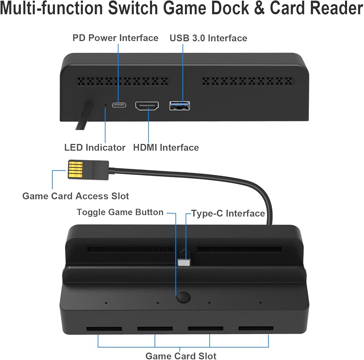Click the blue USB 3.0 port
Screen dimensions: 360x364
[x=179, y=106]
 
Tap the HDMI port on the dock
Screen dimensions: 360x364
[x=147, y=106]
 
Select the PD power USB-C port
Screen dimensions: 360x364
[x=119, y=106]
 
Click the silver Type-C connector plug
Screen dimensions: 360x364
[x=184, y=262]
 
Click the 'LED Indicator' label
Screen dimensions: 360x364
[x=95, y=147]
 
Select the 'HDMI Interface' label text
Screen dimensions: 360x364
[x=166, y=147]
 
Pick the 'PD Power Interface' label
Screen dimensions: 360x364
[x=115, y=38]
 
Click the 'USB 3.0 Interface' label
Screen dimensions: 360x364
[x=208, y=38]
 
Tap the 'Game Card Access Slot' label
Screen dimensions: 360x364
[x=76, y=196]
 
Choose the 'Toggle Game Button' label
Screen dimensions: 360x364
[x=120, y=212]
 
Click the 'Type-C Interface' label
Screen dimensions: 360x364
[x=228, y=213]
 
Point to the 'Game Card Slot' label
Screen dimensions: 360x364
[x=181, y=356]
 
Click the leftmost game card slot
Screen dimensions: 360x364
[x=104, y=329]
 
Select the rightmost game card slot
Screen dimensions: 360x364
[x=256, y=329]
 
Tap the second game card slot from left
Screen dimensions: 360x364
[x=155, y=329]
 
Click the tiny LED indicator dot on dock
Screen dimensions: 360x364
[x=106, y=104]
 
